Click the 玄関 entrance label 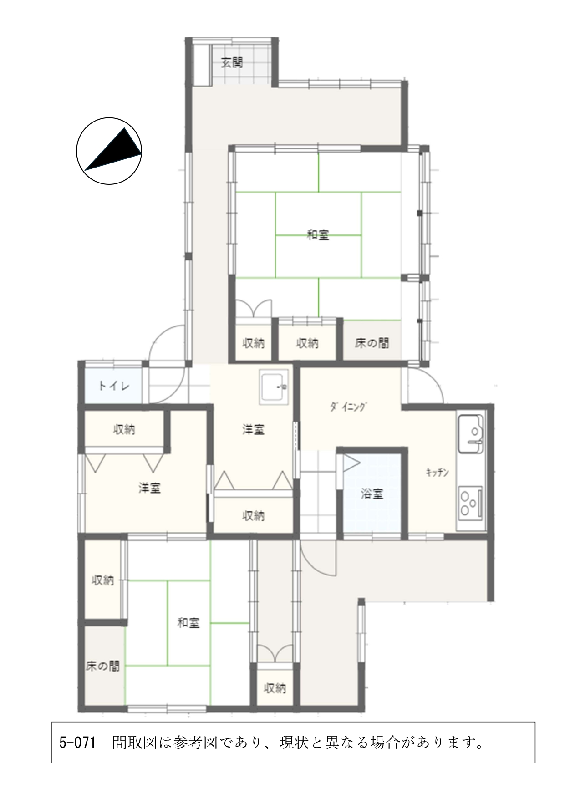[x=232, y=62]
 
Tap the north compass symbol [x=109, y=151]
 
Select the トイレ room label [x=114, y=387]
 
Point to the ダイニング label [x=348, y=407]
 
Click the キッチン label [x=437, y=472]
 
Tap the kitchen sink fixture [x=471, y=433]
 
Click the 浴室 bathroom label [x=372, y=494]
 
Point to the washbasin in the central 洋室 [x=274, y=387]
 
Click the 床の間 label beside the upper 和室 [x=372, y=343]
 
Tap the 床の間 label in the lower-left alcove [x=103, y=666]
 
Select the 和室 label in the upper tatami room [x=318, y=235]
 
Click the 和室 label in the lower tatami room [x=188, y=623]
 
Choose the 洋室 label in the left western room [x=150, y=488]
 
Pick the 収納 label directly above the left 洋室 [x=124, y=429]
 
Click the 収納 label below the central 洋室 [x=254, y=516]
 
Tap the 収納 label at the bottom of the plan [x=275, y=688]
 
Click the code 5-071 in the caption [x=77, y=743]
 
